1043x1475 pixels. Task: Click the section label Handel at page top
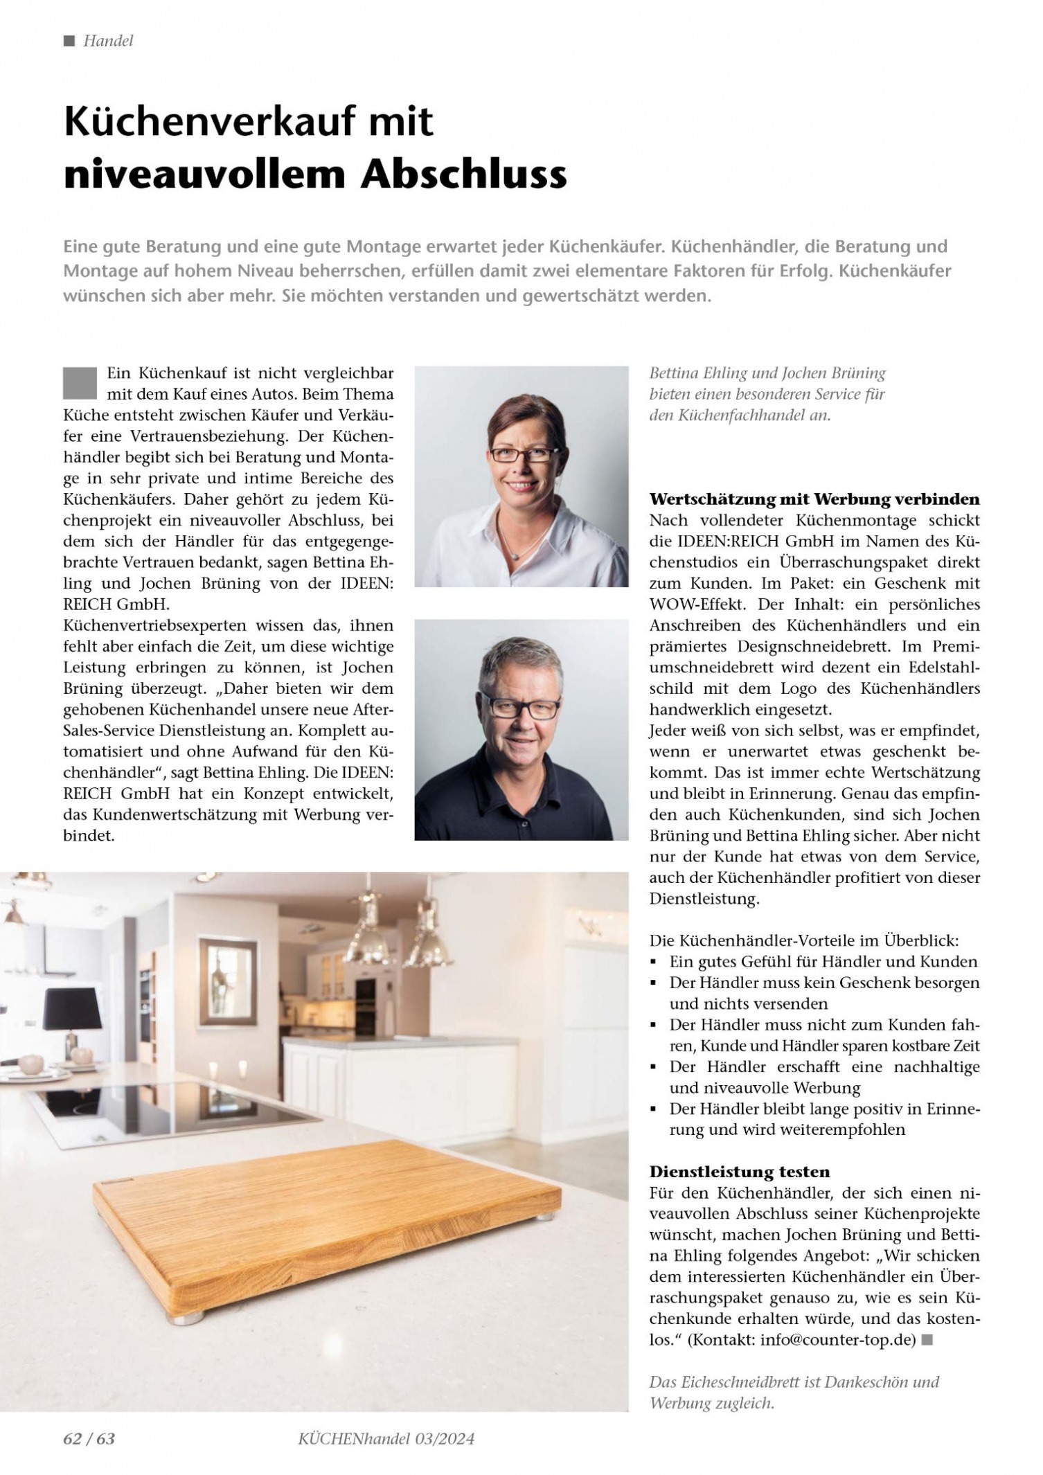point(107,41)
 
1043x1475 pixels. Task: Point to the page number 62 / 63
point(89,1438)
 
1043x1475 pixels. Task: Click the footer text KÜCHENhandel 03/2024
point(386,1438)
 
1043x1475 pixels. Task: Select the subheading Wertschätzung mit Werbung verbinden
point(814,499)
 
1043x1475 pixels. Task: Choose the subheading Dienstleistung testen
point(739,1172)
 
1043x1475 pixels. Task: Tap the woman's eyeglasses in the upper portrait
point(524,454)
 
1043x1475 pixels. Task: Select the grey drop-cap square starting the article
point(80,383)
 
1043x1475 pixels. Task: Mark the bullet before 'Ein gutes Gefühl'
point(654,962)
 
